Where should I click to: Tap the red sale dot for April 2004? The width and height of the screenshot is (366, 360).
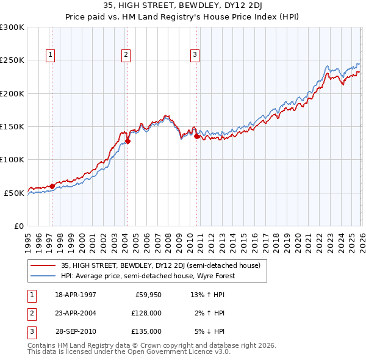[127, 141]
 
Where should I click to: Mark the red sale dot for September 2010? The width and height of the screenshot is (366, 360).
[196, 137]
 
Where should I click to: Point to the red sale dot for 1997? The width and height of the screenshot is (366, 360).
[52, 186]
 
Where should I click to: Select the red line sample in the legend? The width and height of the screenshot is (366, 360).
[43, 265]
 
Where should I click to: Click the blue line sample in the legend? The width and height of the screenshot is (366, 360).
[43, 276]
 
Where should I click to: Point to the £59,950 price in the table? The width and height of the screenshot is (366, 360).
[148, 295]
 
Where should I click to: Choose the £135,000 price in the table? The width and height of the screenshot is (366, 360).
[146, 331]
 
